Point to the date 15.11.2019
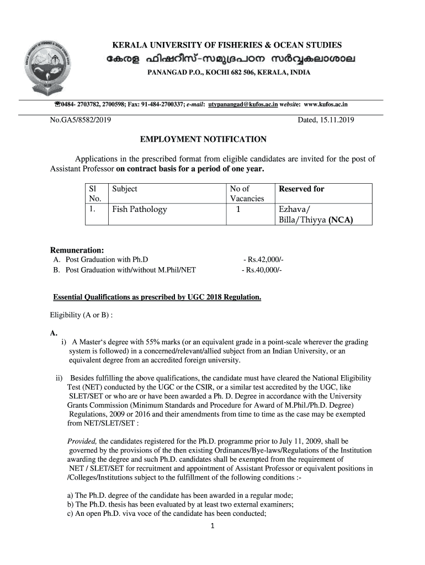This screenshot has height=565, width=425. (x=337, y=120)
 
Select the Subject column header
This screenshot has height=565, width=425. (x=125, y=189)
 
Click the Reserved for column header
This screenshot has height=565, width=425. (x=301, y=189)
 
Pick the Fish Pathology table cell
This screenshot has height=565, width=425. (x=140, y=209)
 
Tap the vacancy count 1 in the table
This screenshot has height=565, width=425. (x=238, y=209)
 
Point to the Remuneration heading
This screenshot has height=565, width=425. (x=77, y=250)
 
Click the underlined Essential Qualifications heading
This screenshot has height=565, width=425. (x=157, y=297)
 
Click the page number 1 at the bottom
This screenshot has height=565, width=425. (x=212, y=525)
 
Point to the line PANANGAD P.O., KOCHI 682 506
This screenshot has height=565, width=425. (x=228, y=73)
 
